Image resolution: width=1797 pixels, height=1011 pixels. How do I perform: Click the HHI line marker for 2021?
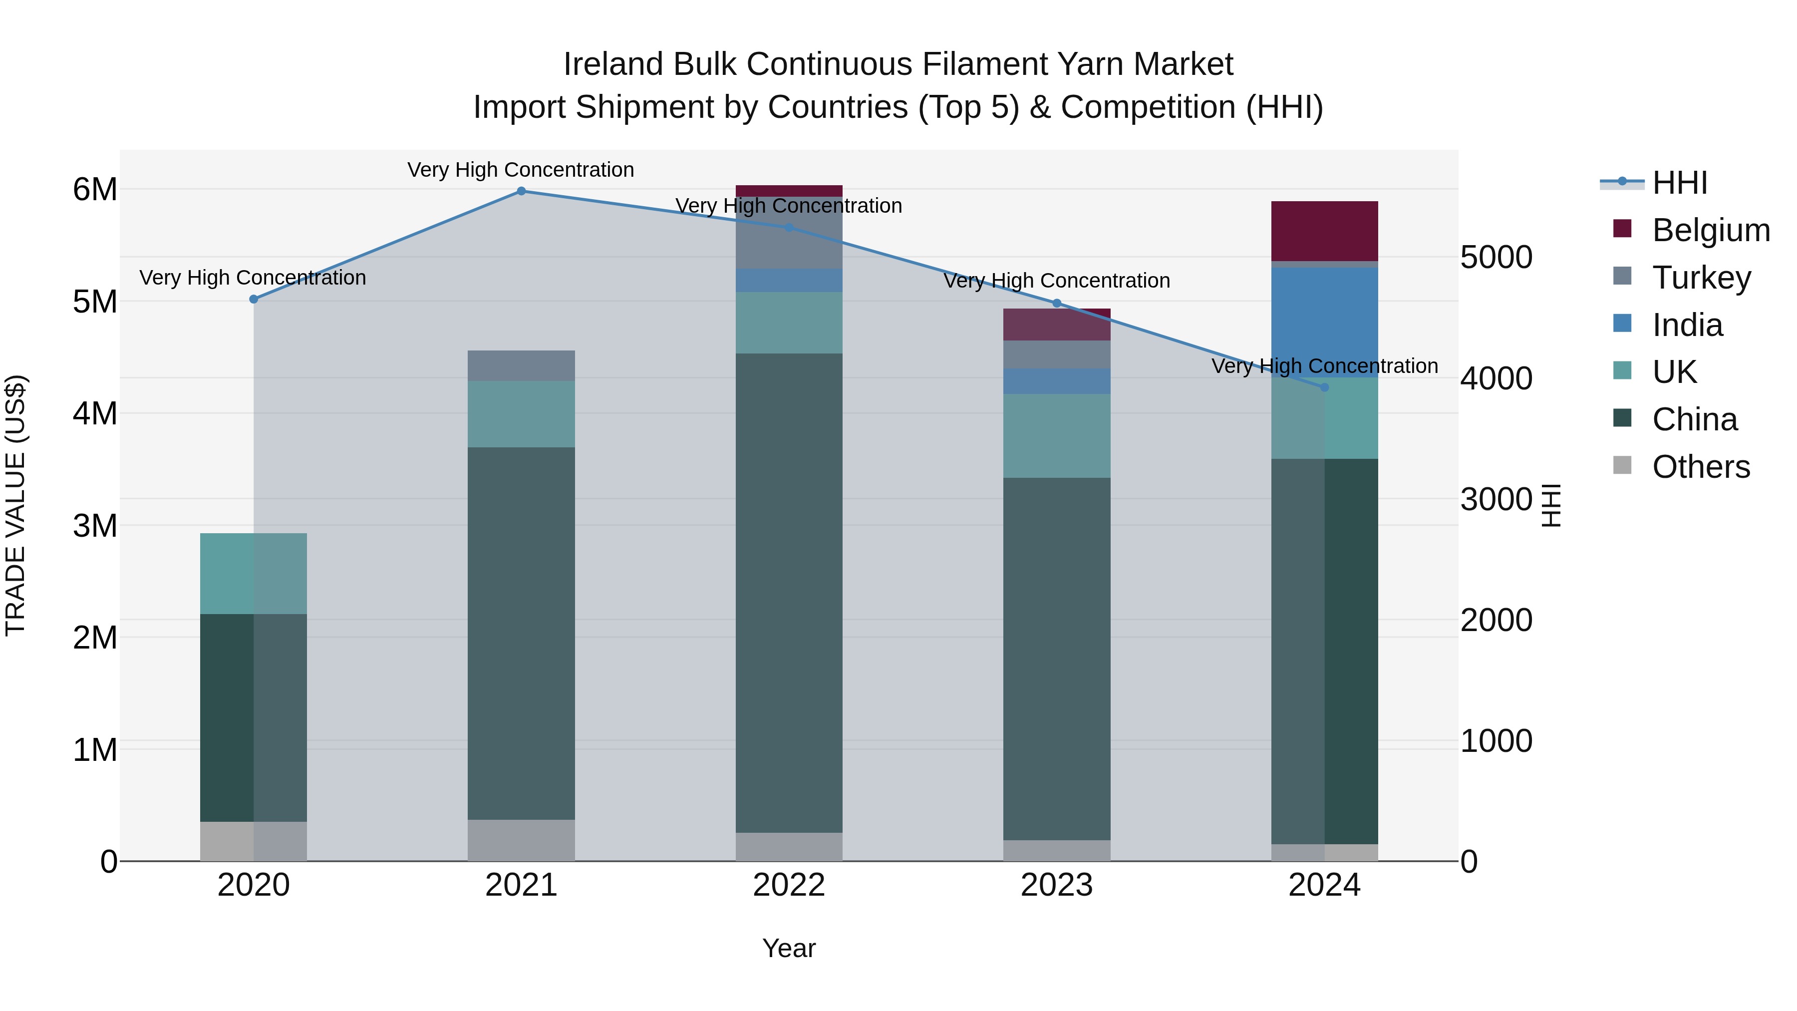(x=521, y=191)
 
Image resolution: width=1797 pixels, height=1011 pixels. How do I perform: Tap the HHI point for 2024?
(x=1325, y=387)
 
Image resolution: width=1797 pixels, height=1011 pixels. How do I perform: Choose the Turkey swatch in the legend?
(x=1623, y=276)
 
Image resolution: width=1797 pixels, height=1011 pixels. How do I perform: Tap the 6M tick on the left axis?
(x=95, y=190)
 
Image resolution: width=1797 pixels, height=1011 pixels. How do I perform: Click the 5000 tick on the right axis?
(x=1497, y=258)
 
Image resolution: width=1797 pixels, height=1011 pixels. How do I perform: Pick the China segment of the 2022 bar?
(x=789, y=593)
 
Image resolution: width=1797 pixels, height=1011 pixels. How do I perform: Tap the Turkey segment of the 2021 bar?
(x=521, y=365)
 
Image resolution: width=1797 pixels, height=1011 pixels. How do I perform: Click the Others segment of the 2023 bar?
(x=1057, y=851)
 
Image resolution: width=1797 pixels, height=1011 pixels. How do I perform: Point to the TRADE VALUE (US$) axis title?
(x=16, y=506)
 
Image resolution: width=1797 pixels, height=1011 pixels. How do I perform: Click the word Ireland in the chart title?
(x=614, y=64)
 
